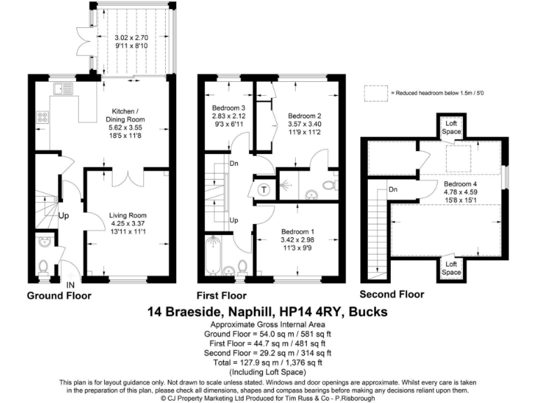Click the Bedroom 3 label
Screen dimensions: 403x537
(x=228, y=108)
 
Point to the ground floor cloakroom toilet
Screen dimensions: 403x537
(x=43, y=267)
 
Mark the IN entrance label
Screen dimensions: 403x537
(x=71, y=285)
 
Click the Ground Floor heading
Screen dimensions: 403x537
(x=59, y=296)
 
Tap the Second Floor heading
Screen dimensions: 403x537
(x=392, y=295)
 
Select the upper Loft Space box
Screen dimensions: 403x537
(x=451, y=127)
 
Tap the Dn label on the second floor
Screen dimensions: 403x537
(x=394, y=189)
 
